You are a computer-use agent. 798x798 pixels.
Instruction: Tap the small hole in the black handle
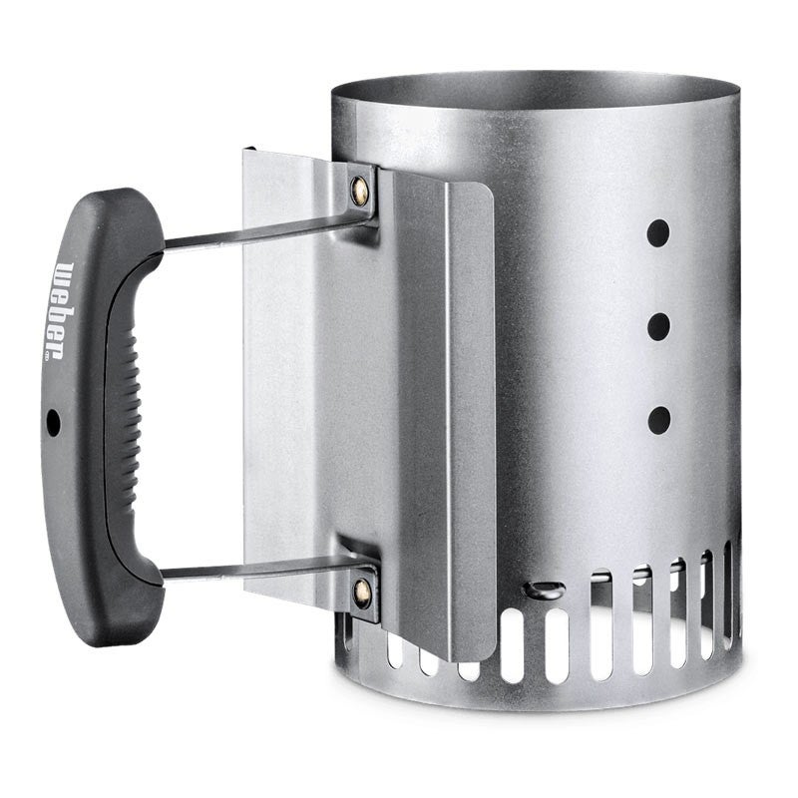[53, 422]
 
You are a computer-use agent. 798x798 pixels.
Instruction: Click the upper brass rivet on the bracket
[359, 191]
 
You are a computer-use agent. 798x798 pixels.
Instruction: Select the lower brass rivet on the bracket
[362, 594]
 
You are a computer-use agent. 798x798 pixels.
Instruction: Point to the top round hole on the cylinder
[658, 233]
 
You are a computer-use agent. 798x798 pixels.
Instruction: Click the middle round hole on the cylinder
[658, 327]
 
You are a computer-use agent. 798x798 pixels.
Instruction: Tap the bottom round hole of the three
[659, 420]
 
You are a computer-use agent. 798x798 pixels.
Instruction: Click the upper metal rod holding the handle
[264, 231]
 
